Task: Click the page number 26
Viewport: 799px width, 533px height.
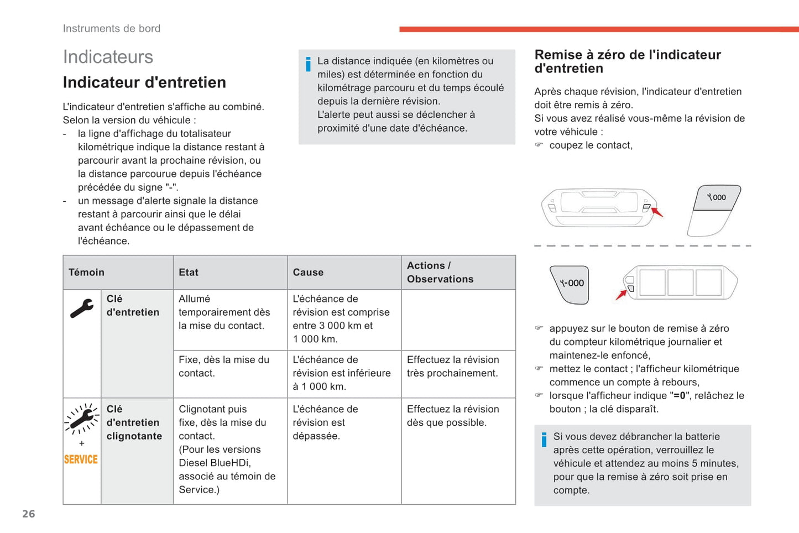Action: point(29,514)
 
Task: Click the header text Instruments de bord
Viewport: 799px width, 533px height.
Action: point(112,29)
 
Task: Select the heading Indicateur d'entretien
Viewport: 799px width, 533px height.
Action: point(144,82)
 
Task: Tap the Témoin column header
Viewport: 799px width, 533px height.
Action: point(86,272)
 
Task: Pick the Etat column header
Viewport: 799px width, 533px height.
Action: point(189,272)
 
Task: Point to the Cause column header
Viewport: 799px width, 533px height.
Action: point(308,272)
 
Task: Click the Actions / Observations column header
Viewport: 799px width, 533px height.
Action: point(440,272)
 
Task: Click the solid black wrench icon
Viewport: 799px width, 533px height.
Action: point(82,309)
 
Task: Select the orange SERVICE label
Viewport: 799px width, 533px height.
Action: point(81,459)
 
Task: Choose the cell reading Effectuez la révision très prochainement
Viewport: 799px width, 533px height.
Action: point(453,366)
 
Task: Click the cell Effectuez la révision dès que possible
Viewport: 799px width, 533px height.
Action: point(453,416)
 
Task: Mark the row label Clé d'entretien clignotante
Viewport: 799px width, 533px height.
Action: point(134,422)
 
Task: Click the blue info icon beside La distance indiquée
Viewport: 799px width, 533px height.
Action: point(308,64)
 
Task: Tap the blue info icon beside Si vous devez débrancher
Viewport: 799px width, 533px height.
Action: point(544,440)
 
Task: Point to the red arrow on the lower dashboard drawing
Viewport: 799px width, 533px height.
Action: point(621,295)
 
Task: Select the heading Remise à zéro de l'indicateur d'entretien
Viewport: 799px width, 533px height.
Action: point(628,61)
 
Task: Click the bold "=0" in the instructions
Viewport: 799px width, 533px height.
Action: point(680,395)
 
